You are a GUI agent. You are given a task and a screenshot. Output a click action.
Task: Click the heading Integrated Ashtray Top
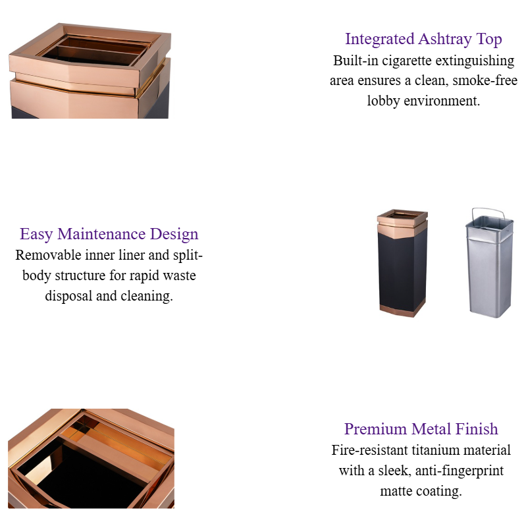[x=423, y=39]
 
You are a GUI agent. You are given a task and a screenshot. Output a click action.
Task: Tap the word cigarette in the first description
[x=417, y=61]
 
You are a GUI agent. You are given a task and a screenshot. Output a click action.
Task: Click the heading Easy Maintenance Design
[x=109, y=234]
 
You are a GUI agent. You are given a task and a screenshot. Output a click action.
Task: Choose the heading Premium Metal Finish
[x=421, y=429]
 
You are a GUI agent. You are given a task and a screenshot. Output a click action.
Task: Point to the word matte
[x=398, y=491]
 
